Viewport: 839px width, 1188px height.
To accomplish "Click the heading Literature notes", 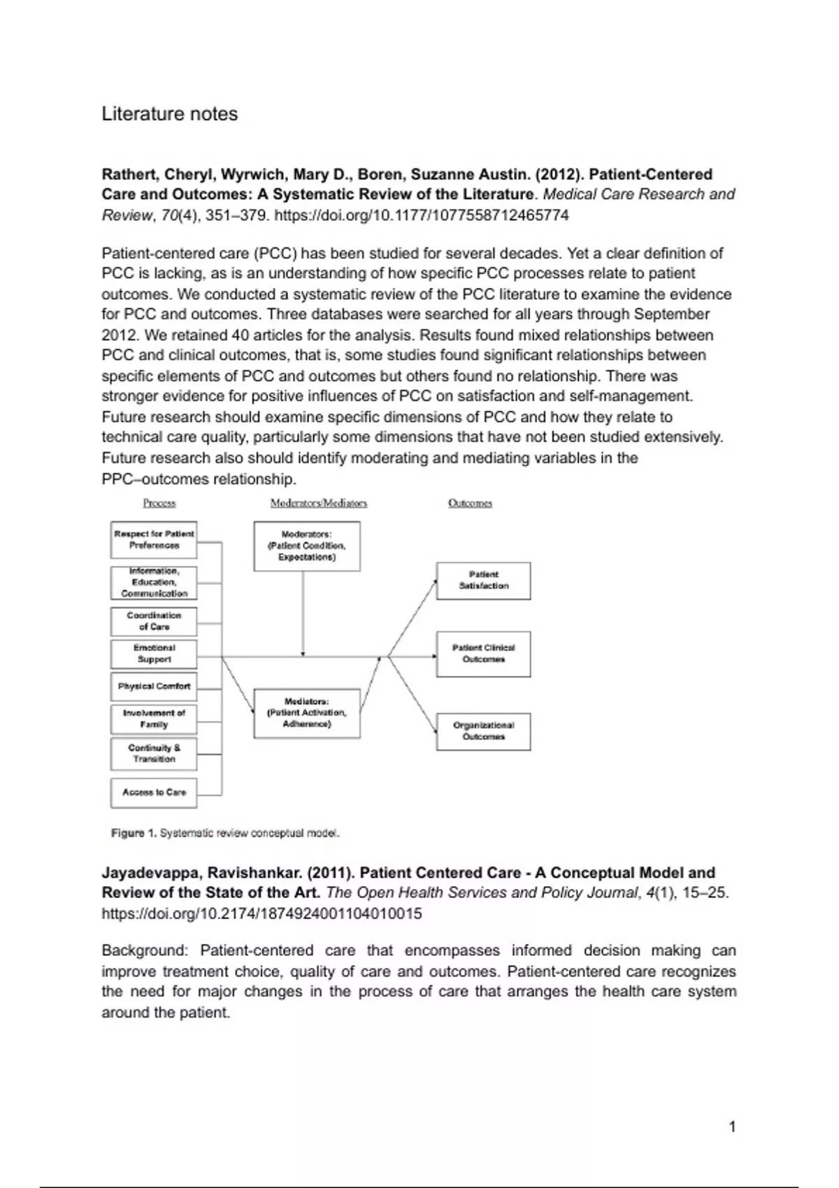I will (169, 114).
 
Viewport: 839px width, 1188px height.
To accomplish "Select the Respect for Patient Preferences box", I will (154, 540).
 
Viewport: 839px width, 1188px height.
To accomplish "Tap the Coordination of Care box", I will (154, 621).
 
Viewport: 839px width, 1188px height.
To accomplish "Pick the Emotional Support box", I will (154, 654).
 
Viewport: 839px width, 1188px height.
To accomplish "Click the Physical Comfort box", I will (154, 686).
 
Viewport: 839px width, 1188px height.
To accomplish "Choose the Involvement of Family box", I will (154, 719).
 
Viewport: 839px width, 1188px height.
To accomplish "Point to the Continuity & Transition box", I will (154, 754).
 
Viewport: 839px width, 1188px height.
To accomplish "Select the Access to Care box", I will (154, 792).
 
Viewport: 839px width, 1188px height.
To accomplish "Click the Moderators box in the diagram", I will (307, 546).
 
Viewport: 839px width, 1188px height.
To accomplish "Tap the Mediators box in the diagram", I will (307, 713).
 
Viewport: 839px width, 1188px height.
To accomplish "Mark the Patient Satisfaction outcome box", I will (483, 581).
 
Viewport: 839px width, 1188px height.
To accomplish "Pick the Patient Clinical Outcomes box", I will (483, 654).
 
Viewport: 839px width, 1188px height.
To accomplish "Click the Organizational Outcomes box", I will (483, 732).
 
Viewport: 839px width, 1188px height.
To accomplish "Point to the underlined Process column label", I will (159, 503).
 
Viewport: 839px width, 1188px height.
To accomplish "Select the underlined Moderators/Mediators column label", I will (319, 503).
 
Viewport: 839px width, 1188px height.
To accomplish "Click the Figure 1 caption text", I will (225, 833).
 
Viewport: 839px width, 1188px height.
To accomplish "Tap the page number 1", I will (732, 1127).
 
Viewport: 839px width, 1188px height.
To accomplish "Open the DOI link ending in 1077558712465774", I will (422, 215).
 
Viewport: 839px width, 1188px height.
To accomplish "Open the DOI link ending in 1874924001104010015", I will (261, 914).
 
